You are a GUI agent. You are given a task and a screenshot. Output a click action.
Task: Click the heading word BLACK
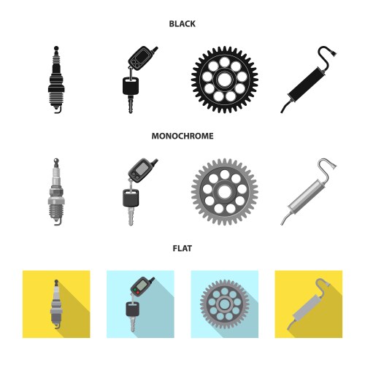coord(182,24)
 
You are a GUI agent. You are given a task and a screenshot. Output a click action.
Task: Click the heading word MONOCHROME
coord(182,136)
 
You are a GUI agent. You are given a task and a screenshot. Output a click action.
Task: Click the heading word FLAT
coord(182,248)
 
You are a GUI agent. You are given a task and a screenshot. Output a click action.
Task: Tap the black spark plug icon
coord(56,80)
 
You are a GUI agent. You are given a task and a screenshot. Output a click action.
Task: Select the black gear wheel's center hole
coord(224,80)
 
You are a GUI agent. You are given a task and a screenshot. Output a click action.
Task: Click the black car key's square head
coord(131,85)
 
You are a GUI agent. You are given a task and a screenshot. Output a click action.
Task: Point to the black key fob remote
coord(141,57)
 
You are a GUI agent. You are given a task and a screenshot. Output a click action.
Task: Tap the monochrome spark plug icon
coord(56,192)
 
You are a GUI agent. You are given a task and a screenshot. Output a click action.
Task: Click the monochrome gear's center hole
coord(224,192)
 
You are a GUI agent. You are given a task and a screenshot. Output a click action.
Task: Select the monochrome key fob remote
coord(141,169)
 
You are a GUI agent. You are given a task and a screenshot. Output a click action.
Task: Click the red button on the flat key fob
coord(138,292)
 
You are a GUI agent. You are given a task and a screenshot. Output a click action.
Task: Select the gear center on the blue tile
coord(224,304)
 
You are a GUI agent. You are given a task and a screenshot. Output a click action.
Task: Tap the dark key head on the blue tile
coord(132,309)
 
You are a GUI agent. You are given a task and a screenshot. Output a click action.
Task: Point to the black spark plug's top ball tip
coord(56,48)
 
